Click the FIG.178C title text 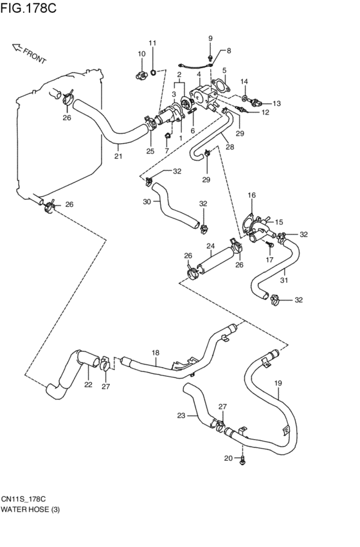(x=28, y=8)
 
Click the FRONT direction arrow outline (x=17, y=48)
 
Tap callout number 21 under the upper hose (x=118, y=156)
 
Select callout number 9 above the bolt (x=210, y=39)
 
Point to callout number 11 (x=152, y=43)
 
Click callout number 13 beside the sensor (x=276, y=103)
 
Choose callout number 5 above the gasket (x=224, y=70)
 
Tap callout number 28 (x=230, y=147)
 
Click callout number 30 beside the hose (x=147, y=201)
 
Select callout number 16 (x=251, y=195)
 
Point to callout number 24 (x=210, y=246)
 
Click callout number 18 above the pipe (x=155, y=353)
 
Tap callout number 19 (x=278, y=383)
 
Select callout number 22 (x=88, y=384)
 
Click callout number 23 (x=181, y=415)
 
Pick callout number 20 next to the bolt (x=228, y=458)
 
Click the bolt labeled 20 (x=243, y=460)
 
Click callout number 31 (x=284, y=280)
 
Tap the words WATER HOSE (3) (x=30, y=510)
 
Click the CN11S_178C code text (x=23, y=499)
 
